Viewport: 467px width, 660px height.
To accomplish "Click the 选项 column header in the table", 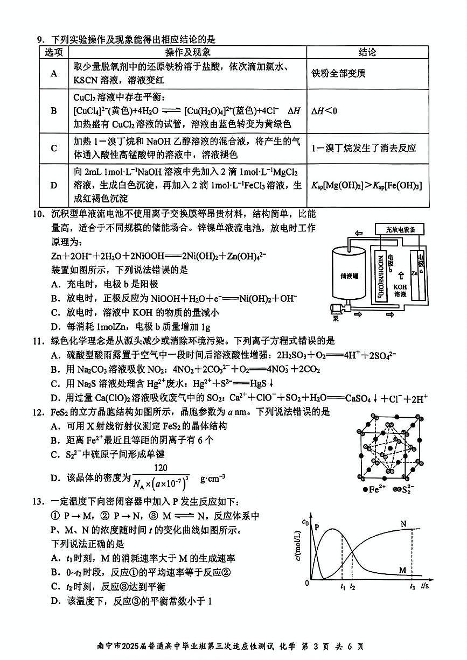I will point(54,52).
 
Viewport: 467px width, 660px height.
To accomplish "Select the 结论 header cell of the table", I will point(367,52).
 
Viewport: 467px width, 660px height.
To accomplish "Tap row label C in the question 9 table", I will point(54,148).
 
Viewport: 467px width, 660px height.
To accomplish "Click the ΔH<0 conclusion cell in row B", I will point(325,111).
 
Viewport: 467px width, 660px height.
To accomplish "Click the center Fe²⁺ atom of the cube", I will point(384,451).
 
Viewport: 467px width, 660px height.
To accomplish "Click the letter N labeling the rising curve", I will point(403,523).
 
